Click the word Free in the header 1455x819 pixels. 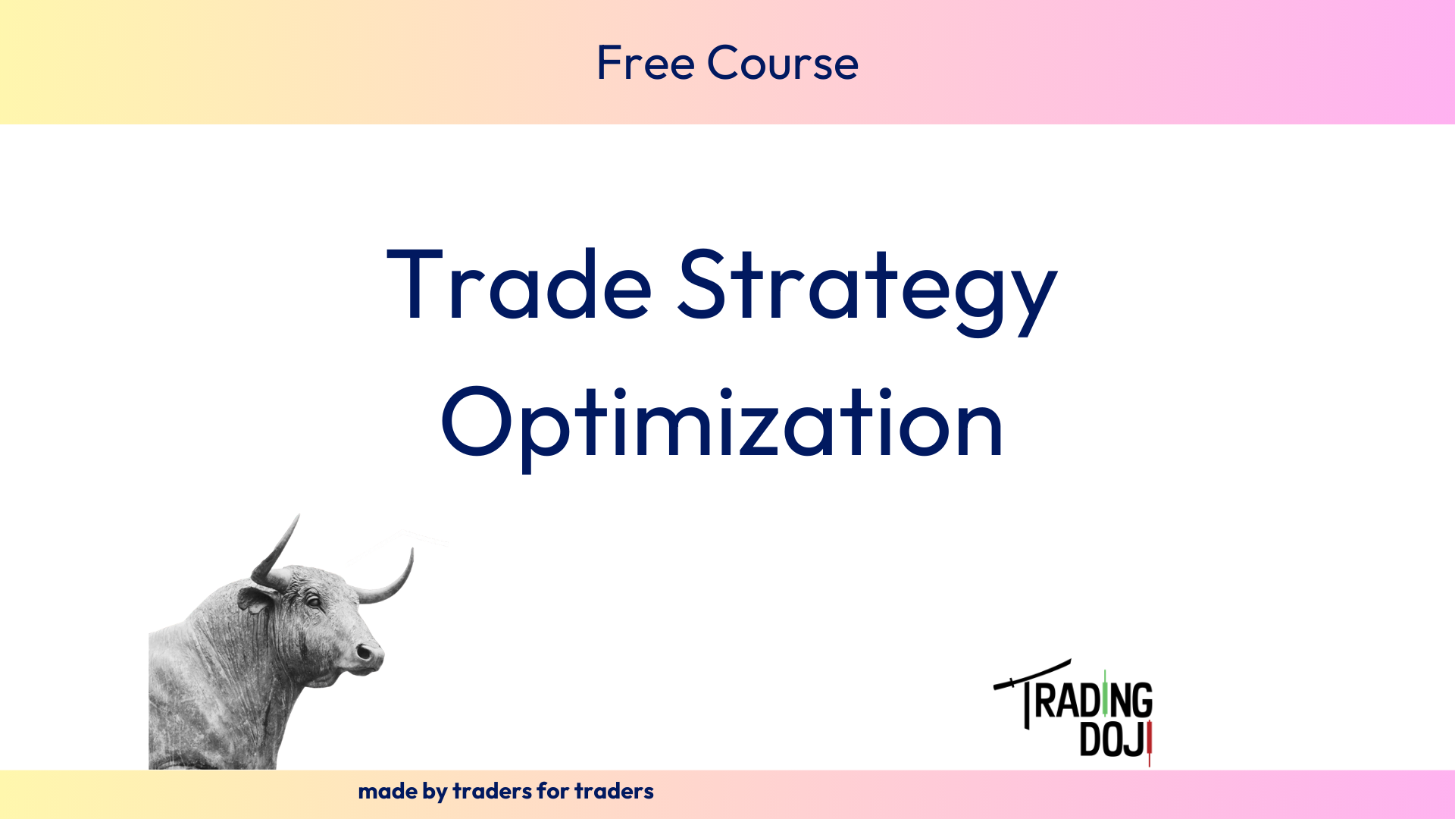pos(646,62)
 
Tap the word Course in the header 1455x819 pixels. pos(783,62)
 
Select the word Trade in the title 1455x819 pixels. pos(519,284)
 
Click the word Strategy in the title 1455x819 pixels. pos(867,291)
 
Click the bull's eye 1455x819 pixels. pos(312,601)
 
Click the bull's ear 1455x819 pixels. pos(256,600)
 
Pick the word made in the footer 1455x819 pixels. pos(387,791)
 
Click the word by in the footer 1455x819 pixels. pos(435,792)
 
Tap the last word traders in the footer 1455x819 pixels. pos(614,791)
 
